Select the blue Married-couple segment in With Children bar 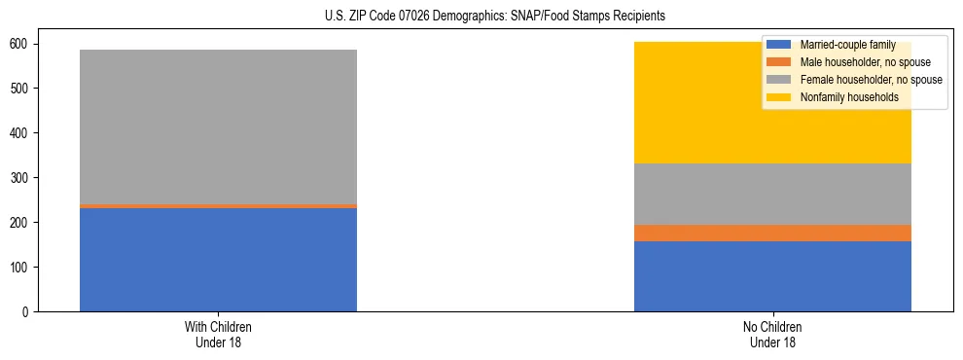coord(218,260)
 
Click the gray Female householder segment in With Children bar coord(218,126)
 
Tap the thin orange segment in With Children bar coord(218,206)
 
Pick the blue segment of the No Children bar coord(772,276)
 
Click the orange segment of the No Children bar coord(772,234)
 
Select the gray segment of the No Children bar coord(772,195)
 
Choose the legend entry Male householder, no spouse coord(857,62)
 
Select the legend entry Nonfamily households coord(841,97)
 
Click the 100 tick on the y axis coord(23,268)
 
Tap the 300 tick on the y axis coord(23,178)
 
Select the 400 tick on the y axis coord(23,133)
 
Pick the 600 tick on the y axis coord(23,45)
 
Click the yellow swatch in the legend coord(779,97)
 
